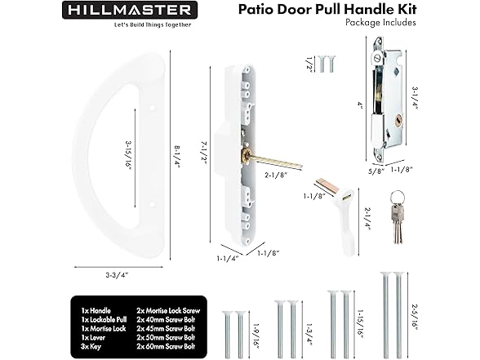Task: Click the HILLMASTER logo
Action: pos(130,10)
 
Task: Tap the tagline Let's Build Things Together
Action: pos(153,25)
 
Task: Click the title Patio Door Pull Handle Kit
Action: pos(327,9)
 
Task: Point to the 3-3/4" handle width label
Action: pos(117,274)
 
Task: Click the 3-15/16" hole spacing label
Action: pos(129,155)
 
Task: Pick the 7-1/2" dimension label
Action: pos(203,154)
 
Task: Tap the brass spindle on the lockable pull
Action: pos(272,159)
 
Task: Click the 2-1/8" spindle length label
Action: pos(276,176)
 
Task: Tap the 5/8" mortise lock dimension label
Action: pos(376,171)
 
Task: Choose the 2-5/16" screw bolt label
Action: pos(414,317)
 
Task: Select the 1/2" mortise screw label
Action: pos(310,64)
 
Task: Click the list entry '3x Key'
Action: pos(91,347)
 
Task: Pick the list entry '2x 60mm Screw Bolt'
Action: pos(166,347)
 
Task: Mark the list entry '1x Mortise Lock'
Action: pos(104,329)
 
